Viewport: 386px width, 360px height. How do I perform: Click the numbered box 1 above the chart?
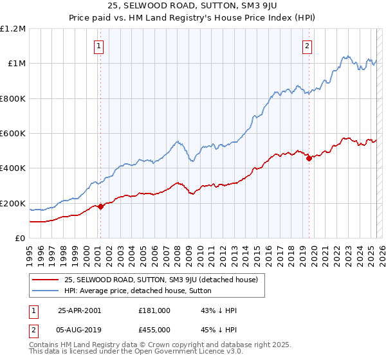click(x=100, y=46)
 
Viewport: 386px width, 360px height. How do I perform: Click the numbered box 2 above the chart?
click(x=308, y=46)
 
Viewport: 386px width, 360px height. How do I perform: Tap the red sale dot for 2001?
click(x=100, y=206)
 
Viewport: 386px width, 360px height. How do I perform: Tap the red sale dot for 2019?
click(x=309, y=158)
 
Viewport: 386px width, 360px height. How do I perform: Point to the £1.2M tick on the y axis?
click(x=13, y=29)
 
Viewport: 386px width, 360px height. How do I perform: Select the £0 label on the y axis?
click(x=20, y=239)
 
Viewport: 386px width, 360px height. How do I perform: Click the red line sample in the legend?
click(x=46, y=280)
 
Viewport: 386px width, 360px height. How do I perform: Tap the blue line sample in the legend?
click(x=46, y=291)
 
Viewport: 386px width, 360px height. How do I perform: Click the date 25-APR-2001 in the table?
click(x=80, y=310)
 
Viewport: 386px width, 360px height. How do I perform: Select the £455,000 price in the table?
click(x=154, y=329)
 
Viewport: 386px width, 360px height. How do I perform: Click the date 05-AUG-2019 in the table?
click(x=80, y=329)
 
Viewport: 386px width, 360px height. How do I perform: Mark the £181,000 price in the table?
click(x=154, y=310)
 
